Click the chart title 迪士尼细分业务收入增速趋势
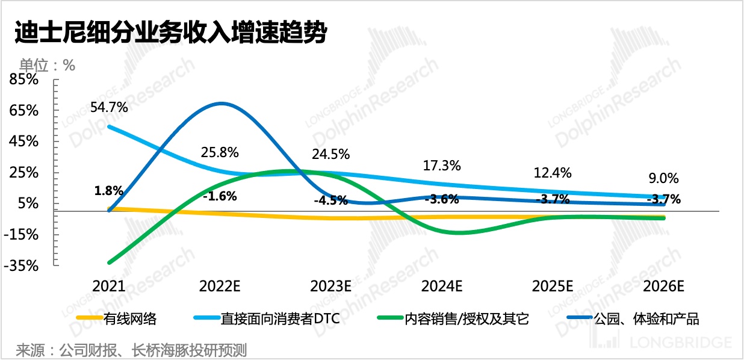click(170, 33)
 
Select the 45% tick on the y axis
click(25, 141)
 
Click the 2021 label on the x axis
click(109, 285)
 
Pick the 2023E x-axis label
click(330, 285)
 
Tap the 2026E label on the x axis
click(664, 285)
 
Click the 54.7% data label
click(109, 108)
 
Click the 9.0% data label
click(664, 178)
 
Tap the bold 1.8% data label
click(109, 191)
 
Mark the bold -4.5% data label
click(330, 201)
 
